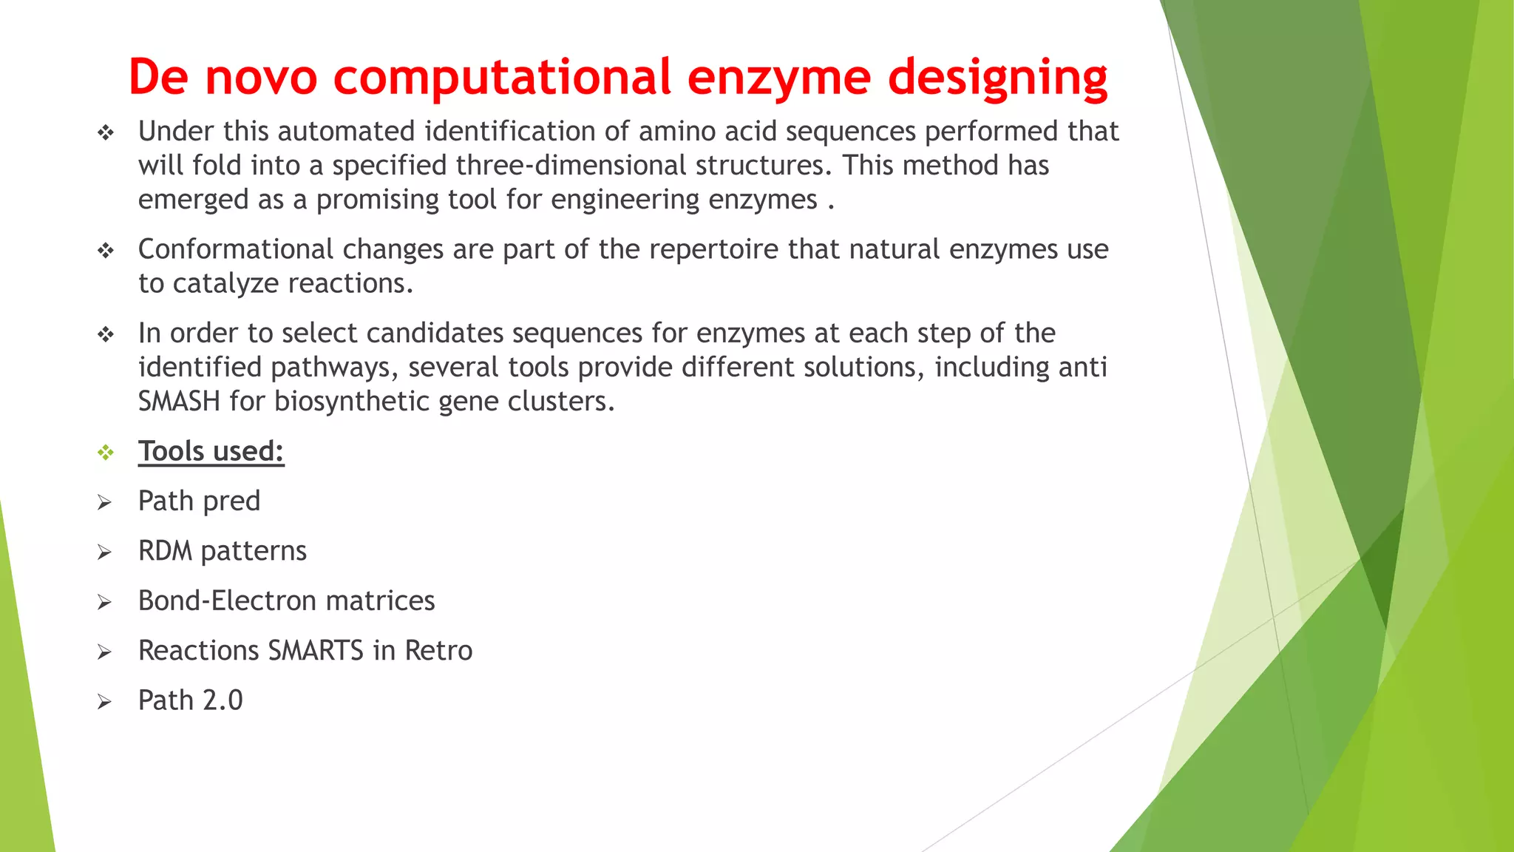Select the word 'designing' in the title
[997, 77]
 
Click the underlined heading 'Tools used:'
[211, 451]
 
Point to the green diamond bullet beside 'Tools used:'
[106, 452]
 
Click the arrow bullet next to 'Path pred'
[104, 503]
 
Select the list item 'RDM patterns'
[222, 551]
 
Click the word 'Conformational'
[236, 250]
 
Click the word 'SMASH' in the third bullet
[179, 402]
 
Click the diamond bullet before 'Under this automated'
[106, 133]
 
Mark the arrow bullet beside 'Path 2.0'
[104, 702]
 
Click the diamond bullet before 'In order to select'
[106, 335]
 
